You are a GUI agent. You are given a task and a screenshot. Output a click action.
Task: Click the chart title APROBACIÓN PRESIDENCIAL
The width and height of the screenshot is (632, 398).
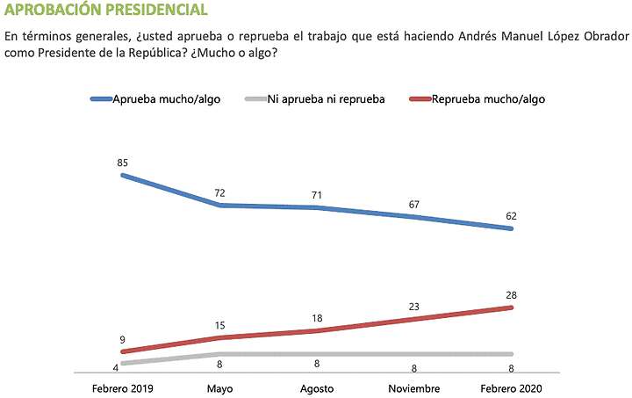click(x=106, y=11)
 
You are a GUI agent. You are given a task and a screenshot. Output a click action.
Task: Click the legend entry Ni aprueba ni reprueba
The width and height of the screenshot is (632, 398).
click(x=326, y=99)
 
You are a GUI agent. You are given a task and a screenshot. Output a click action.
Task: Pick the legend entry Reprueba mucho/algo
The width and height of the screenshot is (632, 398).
click(x=488, y=99)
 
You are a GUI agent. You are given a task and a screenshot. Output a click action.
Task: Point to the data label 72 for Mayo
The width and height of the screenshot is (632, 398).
click(x=219, y=192)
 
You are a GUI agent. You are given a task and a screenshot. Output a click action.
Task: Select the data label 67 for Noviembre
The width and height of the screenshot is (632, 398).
click(x=413, y=204)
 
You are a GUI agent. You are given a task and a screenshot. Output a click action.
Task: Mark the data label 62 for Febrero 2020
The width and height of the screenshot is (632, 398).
click(x=510, y=216)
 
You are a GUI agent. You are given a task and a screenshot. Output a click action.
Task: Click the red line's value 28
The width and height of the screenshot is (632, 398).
click(x=510, y=294)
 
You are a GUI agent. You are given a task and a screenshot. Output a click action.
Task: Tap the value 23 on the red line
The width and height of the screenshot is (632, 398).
click(x=413, y=306)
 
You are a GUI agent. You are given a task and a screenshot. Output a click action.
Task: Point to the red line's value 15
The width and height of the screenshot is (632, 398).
click(x=219, y=324)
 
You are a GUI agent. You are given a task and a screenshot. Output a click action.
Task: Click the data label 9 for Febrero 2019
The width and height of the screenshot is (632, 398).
click(x=123, y=338)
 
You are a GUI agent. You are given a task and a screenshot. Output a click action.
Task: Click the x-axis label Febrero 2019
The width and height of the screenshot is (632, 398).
click(x=123, y=387)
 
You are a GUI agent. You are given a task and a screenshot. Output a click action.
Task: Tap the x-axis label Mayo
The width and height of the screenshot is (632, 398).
click(x=219, y=387)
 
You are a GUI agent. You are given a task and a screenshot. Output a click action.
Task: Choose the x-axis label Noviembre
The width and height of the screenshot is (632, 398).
click(x=413, y=387)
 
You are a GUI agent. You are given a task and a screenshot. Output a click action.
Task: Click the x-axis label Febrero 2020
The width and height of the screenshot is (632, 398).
click(x=510, y=387)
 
